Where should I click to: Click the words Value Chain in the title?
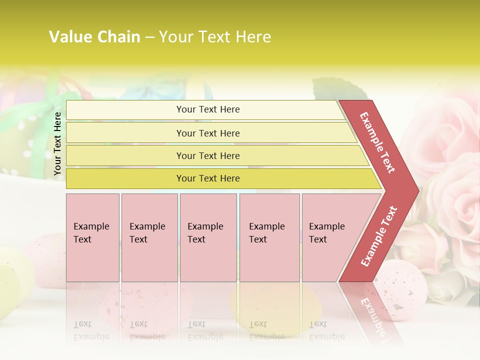pyautogui.click(x=94, y=37)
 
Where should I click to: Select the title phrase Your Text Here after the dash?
pyautogui.click(x=215, y=37)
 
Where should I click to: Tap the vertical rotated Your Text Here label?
pyautogui.click(x=57, y=143)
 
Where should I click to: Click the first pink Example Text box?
pyautogui.click(x=92, y=237)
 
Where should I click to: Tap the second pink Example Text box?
pyautogui.click(x=149, y=237)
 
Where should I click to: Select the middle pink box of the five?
pyautogui.click(x=208, y=237)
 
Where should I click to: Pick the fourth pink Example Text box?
pyautogui.click(x=269, y=237)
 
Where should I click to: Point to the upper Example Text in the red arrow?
pyautogui.click(x=377, y=142)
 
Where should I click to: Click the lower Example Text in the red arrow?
pyautogui.click(x=379, y=236)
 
